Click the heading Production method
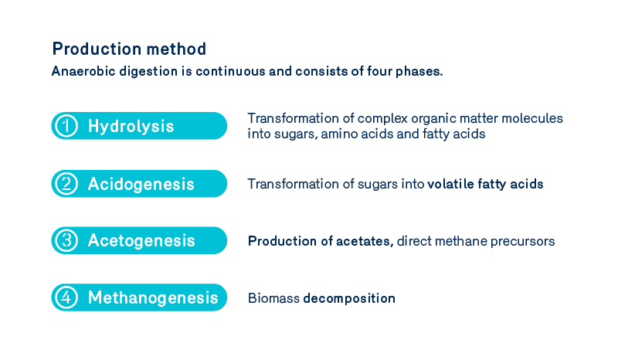tap(129, 49)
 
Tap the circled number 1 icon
tap(67, 126)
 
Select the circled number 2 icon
tap(67, 184)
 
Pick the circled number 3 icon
tap(67, 240)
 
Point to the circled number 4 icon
tap(67, 297)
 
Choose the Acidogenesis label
tap(141, 184)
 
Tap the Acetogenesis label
tap(141, 240)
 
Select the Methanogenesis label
tap(153, 297)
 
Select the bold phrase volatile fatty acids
tap(485, 184)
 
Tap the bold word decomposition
tap(349, 298)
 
